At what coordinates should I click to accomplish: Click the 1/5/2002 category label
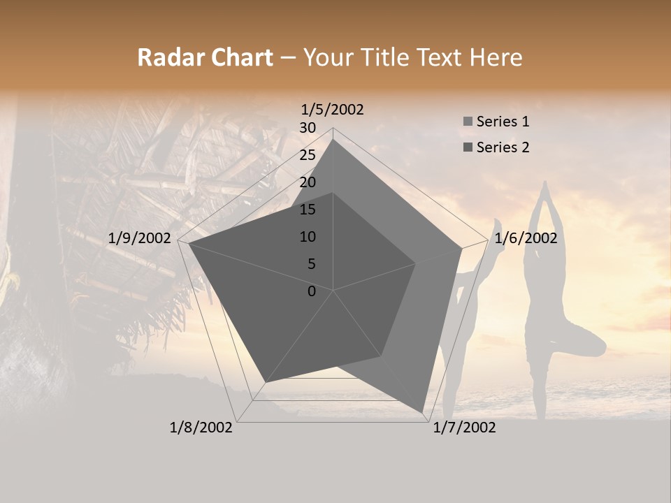point(333,110)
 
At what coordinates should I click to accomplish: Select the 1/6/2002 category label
point(526,238)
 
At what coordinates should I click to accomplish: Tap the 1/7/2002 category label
point(464,428)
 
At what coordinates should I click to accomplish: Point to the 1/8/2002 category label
point(201,428)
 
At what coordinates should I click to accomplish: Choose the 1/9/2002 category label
point(140,238)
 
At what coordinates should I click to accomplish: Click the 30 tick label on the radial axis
point(308,128)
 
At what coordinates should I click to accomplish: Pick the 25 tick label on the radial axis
point(308,155)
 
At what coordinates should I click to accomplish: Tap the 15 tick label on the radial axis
point(308,210)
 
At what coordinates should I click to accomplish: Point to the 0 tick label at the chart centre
point(312,291)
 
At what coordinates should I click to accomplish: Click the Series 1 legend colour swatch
point(468,122)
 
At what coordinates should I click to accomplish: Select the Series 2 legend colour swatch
point(468,147)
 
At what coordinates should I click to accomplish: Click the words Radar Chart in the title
point(205,58)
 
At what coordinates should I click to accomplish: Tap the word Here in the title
point(496,58)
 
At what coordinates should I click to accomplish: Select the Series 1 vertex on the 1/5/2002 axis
point(333,139)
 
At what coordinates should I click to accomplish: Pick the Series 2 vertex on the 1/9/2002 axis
point(189,244)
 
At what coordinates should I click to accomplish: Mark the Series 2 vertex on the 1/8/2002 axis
point(265,383)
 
